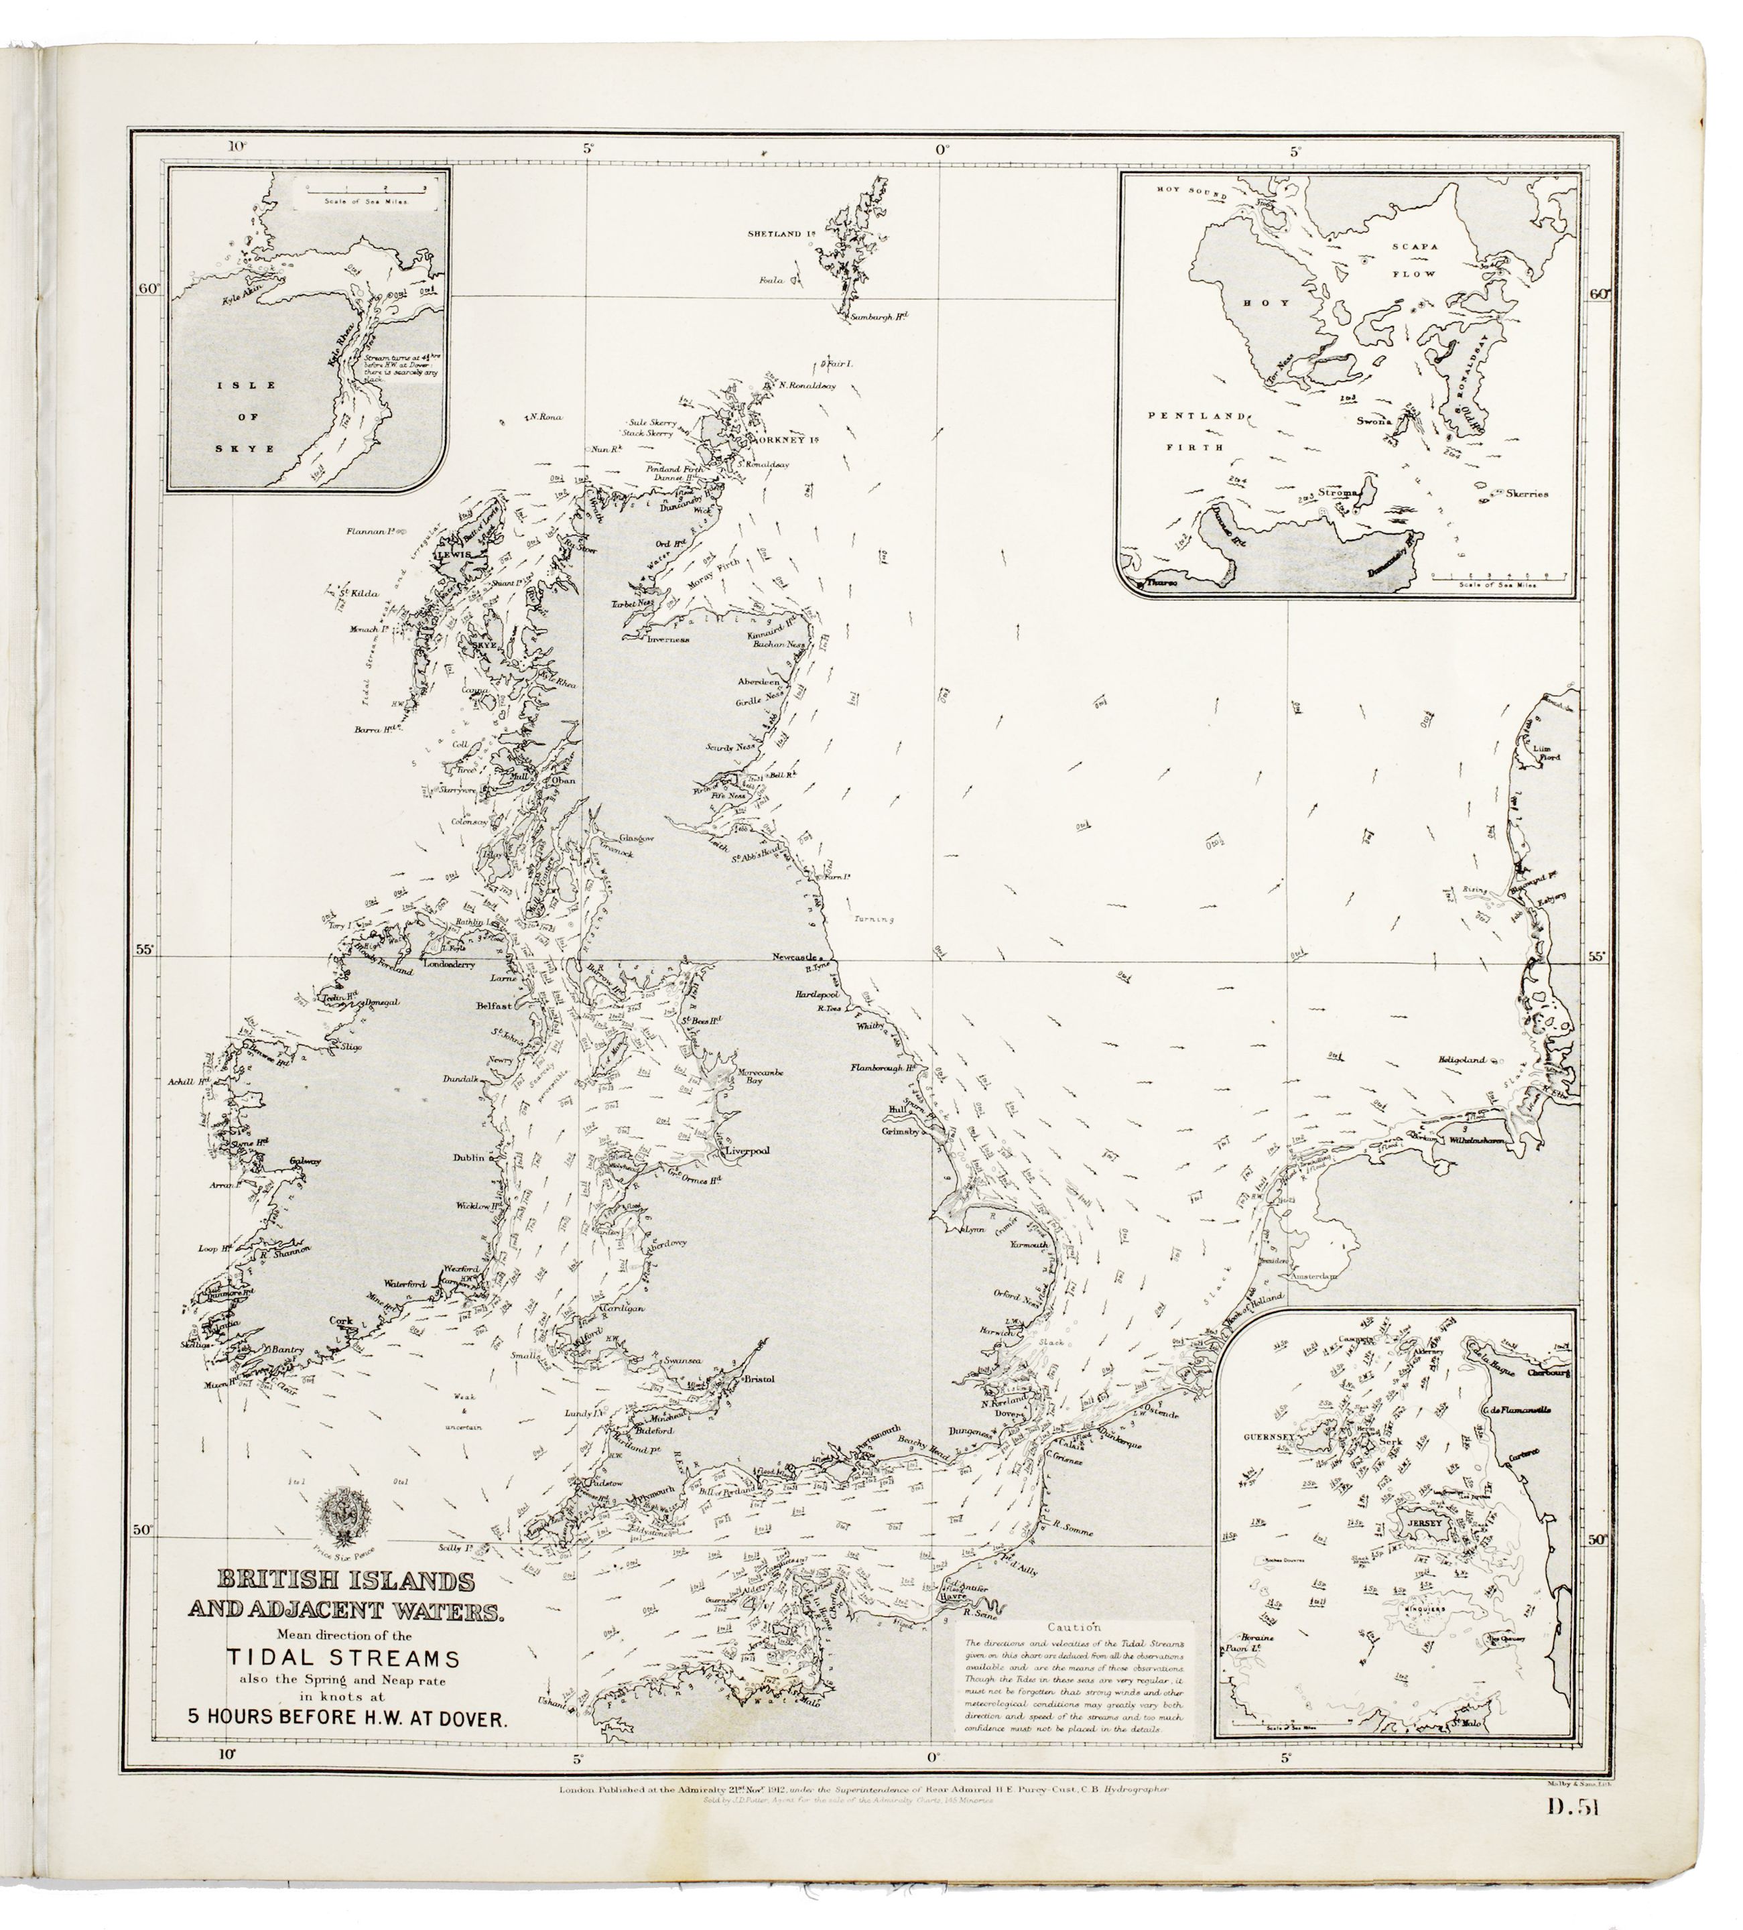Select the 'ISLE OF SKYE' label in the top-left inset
[245, 416]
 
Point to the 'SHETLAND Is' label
[782, 233]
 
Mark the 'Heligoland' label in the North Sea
[1461, 1059]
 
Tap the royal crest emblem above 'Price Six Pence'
[342, 1521]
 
